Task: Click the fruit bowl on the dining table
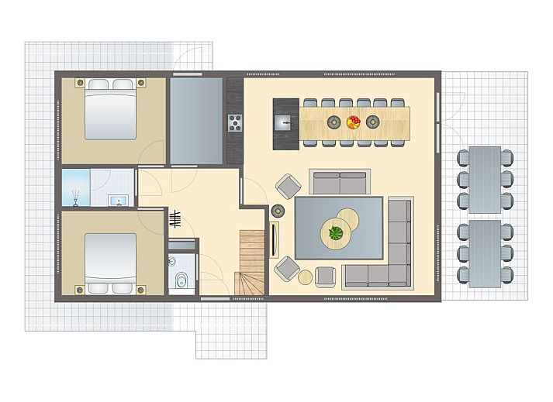coord(353,122)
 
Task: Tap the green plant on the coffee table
coord(337,231)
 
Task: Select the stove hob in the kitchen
coord(233,122)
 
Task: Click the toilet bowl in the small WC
coord(179,280)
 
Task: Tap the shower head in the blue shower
coord(75,197)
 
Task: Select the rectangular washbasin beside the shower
coord(118,201)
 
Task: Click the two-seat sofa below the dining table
coord(339,182)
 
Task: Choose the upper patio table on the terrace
coord(486,179)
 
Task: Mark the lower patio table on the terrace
coord(486,252)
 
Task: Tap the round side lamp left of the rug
coord(277,210)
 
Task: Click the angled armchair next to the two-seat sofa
coord(289,186)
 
